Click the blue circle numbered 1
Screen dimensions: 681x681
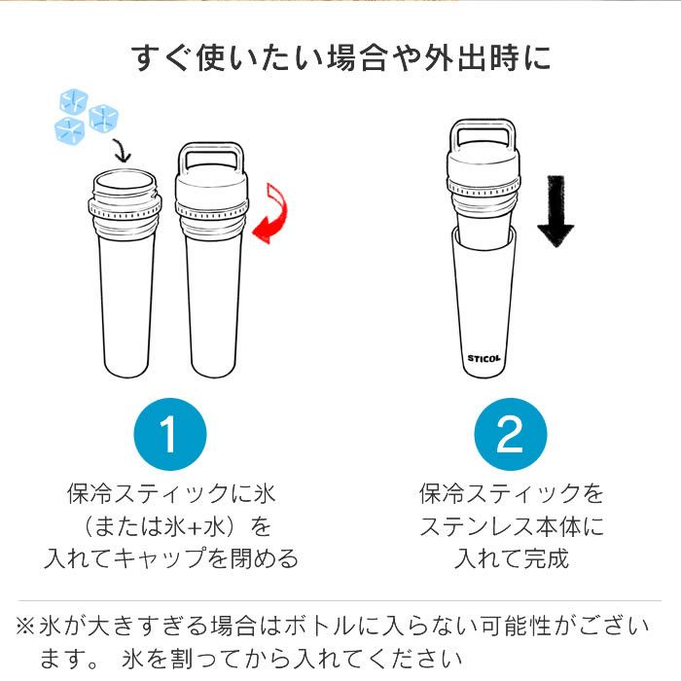(x=169, y=433)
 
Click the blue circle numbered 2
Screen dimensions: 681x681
(x=510, y=433)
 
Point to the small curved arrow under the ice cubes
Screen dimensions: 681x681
(x=120, y=150)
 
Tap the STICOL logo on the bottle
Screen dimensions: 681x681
(x=484, y=357)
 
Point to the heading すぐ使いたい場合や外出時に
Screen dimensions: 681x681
(x=340, y=57)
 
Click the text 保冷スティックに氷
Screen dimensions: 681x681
(x=169, y=493)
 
